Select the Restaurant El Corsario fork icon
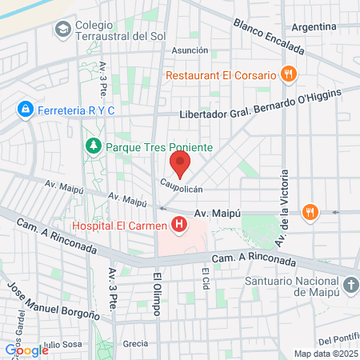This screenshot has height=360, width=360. pyautogui.click(x=290, y=75)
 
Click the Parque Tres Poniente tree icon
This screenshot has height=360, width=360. pyautogui.click(x=94, y=147)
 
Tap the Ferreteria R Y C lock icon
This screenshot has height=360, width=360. pyautogui.click(x=26, y=108)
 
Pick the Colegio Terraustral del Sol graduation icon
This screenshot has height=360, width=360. pyautogui.click(x=62, y=30)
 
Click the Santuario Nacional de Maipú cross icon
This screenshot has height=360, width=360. pyautogui.click(x=350, y=286)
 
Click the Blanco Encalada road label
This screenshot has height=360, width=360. pyautogui.click(x=269, y=37)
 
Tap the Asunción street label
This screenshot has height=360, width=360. pyautogui.click(x=191, y=50)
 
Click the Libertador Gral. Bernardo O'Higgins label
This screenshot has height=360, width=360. pyautogui.click(x=260, y=105)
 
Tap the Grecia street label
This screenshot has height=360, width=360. pyautogui.click(x=135, y=343)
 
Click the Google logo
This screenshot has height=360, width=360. pyautogui.click(x=26, y=350)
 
